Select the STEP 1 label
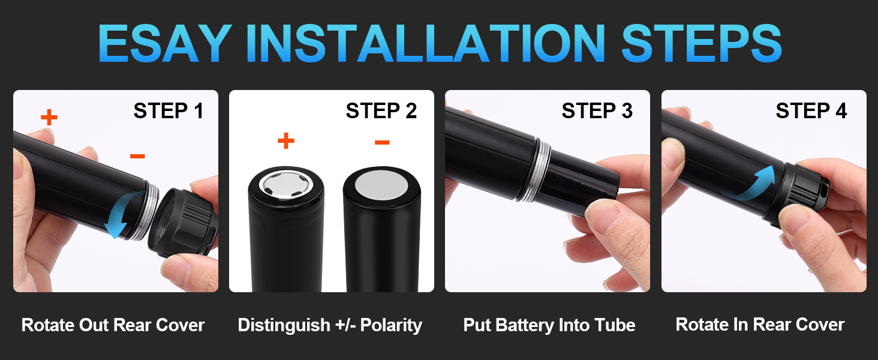click(x=168, y=111)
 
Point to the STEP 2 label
click(x=381, y=111)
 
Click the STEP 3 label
click(x=597, y=111)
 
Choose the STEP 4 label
click(x=811, y=111)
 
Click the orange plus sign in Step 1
click(x=49, y=117)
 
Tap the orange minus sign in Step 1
click(x=137, y=157)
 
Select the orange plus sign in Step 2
click(x=286, y=141)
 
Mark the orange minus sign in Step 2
click(x=382, y=142)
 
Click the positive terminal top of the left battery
click(x=286, y=184)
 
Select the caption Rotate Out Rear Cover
click(x=113, y=325)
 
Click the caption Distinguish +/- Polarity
click(x=330, y=325)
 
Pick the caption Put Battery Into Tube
click(x=549, y=325)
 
